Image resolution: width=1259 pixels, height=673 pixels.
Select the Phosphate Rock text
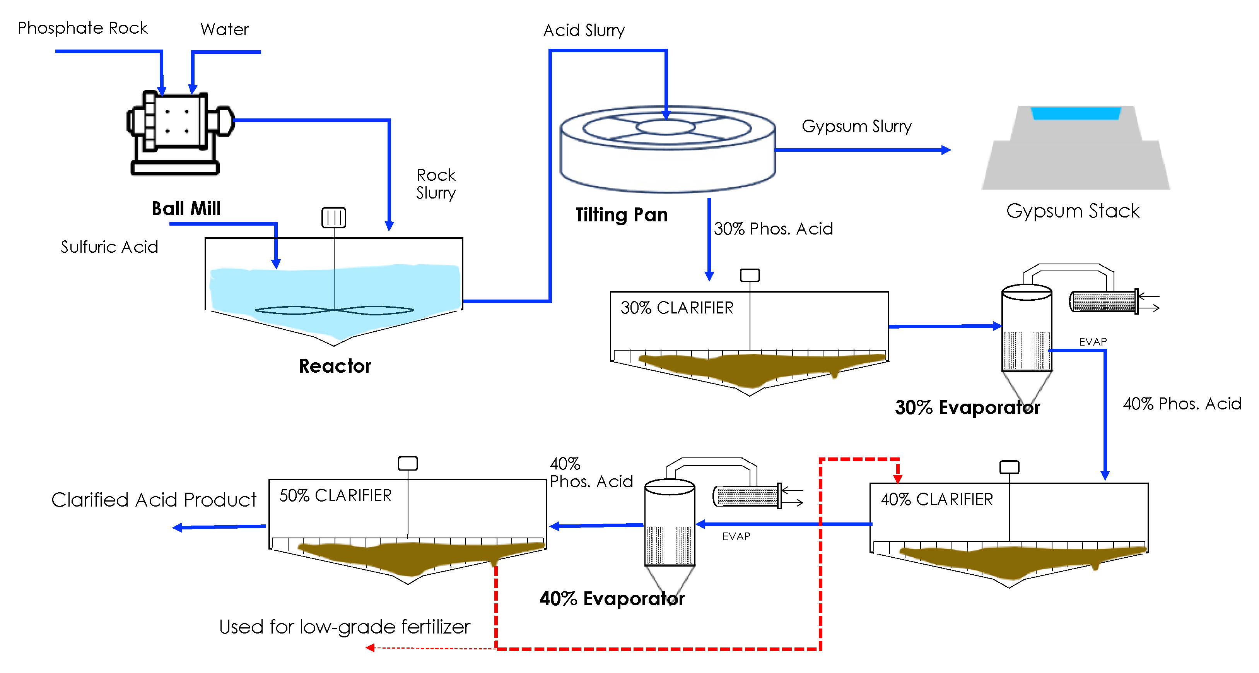(x=83, y=28)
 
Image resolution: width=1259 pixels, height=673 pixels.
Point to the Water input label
(x=224, y=29)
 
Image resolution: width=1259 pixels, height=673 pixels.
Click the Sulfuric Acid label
(x=109, y=247)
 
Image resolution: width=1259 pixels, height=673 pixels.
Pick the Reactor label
(x=335, y=366)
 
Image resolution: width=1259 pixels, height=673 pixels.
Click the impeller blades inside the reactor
(x=334, y=310)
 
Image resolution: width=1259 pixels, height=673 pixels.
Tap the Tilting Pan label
(x=621, y=215)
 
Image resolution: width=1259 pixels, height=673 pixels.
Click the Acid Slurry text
(x=584, y=30)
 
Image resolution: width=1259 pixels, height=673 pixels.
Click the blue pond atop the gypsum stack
(x=1076, y=113)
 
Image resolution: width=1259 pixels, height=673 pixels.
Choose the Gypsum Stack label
(x=1073, y=211)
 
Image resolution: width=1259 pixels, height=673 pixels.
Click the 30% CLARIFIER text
(x=677, y=308)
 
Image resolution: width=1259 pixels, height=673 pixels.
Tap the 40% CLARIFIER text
(x=936, y=499)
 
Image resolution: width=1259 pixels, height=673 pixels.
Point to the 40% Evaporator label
(x=612, y=599)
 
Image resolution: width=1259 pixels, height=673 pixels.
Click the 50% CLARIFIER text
(x=335, y=495)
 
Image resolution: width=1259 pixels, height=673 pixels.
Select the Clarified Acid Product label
(x=154, y=500)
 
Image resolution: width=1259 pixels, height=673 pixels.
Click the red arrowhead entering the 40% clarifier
(x=897, y=478)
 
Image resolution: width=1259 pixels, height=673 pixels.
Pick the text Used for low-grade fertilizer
(x=345, y=627)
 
